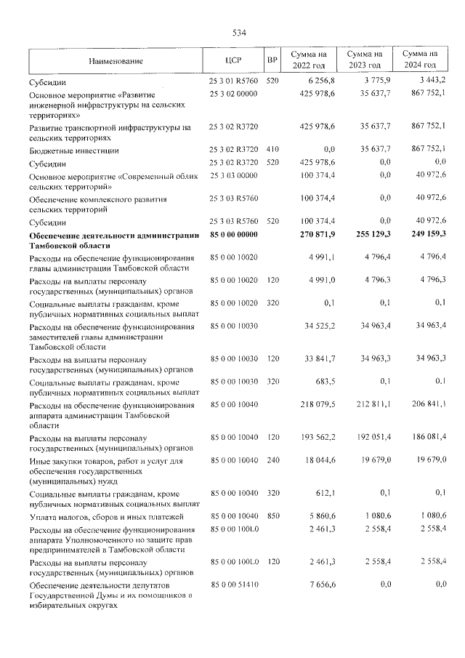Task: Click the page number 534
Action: click(x=239, y=33)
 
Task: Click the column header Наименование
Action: click(x=116, y=61)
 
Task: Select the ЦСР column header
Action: click(x=233, y=60)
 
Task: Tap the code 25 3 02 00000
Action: click(x=233, y=95)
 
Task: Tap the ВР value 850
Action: click(x=272, y=515)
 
